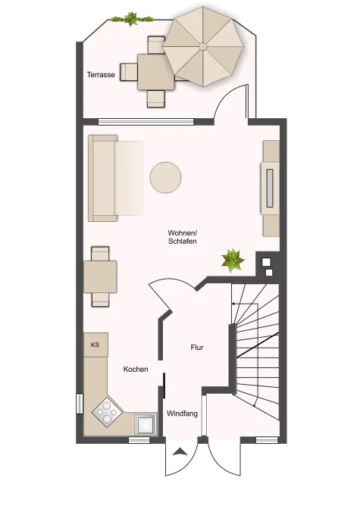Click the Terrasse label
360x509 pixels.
point(101,75)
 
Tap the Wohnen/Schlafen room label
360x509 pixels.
point(183,237)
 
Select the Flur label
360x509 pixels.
point(197,348)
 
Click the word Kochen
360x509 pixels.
point(136,369)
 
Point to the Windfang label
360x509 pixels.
point(182,414)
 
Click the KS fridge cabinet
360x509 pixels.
point(95,345)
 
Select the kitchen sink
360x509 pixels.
point(146,424)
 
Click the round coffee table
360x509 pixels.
point(165,177)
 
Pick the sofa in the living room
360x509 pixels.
point(115,178)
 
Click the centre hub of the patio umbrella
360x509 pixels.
point(203,46)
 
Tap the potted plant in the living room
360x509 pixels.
point(233,261)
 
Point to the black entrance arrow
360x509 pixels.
point(180,451)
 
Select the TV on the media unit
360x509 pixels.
point(270,188)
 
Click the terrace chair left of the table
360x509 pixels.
point(129,72)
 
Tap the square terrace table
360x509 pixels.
point(156,72)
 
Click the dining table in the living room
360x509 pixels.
point(100,276)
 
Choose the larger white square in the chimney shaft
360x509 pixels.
point(267,261)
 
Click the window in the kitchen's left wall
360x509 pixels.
point(80,404)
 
